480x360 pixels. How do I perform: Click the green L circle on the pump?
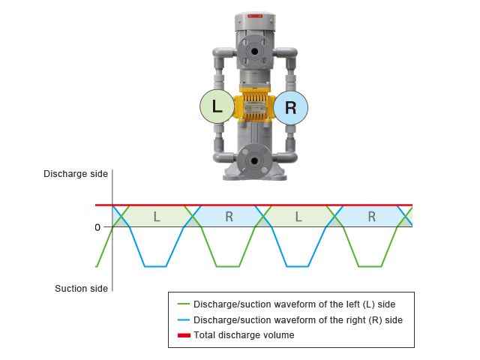point(217,107)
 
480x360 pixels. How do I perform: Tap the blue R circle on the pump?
point(290,107)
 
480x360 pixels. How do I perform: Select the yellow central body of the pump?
point(253,107)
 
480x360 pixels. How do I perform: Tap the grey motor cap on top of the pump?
point(255,20)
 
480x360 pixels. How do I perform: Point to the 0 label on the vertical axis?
point(97,226)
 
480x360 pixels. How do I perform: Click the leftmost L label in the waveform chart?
point(156,217)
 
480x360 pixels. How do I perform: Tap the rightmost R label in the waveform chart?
point(371,217)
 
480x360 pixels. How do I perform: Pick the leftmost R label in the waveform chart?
point(229,217)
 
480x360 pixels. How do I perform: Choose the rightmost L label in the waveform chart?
point(299,217)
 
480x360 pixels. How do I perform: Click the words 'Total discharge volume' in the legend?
point(244,335)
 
